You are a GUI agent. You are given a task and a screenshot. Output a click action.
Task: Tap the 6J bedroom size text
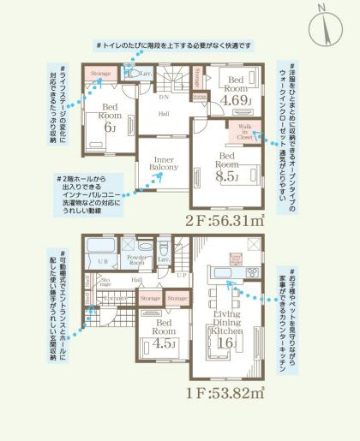[x=110, y=128]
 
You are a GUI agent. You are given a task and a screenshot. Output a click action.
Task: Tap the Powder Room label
[x=135, y=259]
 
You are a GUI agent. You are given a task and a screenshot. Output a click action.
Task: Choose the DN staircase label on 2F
[x=164, y=97]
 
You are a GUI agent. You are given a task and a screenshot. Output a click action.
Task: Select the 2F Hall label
[x=163, y=114]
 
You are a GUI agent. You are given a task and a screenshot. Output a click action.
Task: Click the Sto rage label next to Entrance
[x=106, y=279]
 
